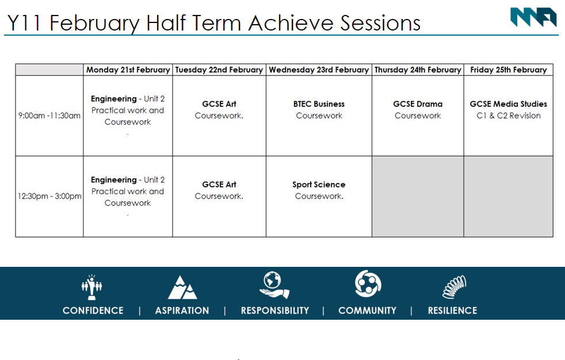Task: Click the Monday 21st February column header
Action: tap(128, 70)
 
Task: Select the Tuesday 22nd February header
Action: tap(219, 70)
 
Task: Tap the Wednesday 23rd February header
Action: tap(319, 70)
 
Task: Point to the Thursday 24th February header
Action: tap(418, 70)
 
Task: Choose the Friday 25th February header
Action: tap(509, 70)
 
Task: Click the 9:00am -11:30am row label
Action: tap(49, 116)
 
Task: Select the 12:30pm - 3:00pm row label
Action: tap(49, 196)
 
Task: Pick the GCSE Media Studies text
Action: tap(509, 104)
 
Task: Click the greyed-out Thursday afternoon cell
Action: tap(418, 197)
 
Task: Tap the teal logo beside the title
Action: tap(534, 17)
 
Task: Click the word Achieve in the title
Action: tap(291, 23)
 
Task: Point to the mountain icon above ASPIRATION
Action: tap(182, 288)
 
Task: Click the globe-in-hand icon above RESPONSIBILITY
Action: tap(274, 285)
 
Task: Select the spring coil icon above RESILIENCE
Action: tap(455, 287)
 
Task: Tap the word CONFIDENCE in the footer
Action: tap(93, 311)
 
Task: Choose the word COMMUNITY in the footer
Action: tap(367, 311)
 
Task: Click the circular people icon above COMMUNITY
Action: tap(368, 284)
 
